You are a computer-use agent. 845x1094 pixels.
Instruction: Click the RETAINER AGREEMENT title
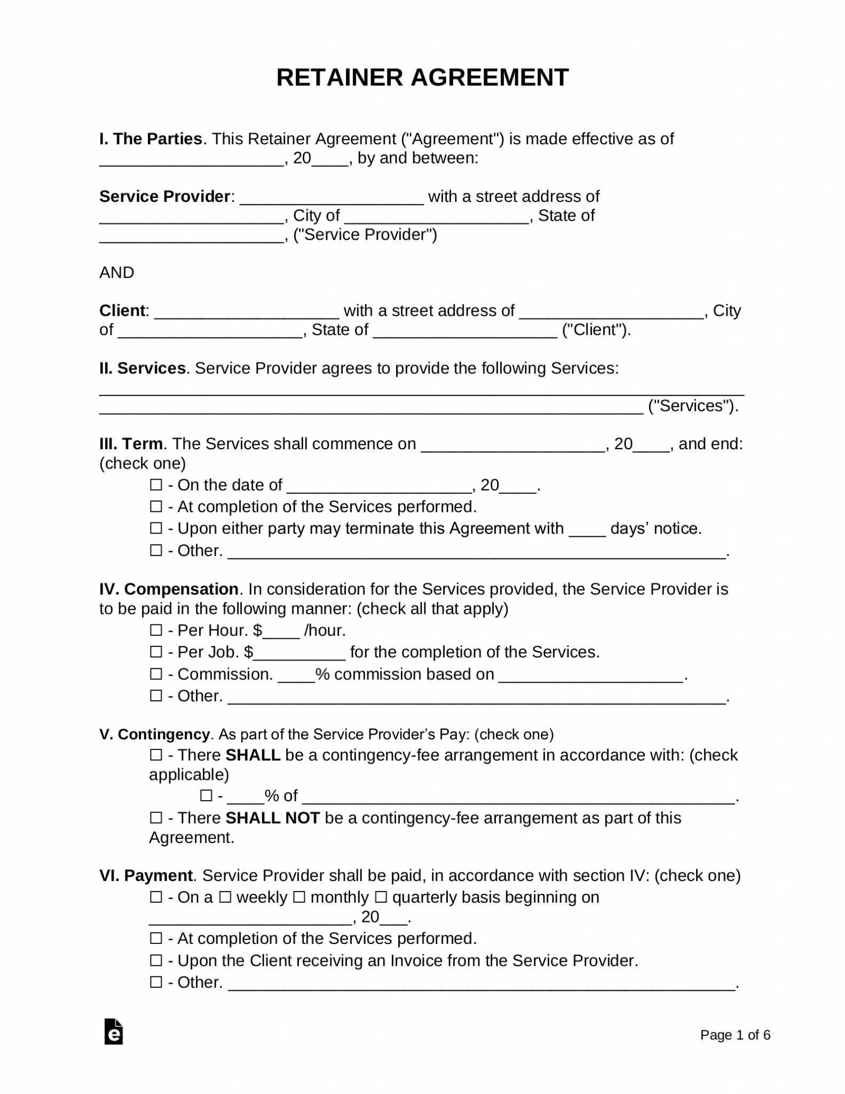click(x=422, y=78)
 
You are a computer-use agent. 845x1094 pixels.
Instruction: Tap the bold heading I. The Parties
click(x=151, y=139)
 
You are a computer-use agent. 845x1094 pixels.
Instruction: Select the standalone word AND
click(x=116, y=272)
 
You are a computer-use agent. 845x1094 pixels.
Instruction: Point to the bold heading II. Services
click(x=142, y=368)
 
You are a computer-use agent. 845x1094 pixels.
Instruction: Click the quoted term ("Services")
click(x=692, y=406)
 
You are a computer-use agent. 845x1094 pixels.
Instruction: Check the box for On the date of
click(x=156, y=485)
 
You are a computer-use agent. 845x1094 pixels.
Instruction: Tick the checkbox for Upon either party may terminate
click(x=156, y=528)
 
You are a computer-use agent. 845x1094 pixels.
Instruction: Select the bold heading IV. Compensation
click(x=169, y=589)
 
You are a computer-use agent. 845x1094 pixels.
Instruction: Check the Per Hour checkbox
click(x=156, y=630)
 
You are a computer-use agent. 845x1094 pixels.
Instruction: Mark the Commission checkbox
click(x=156, y=674)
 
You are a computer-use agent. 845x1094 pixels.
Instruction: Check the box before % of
click(x=206, y=796)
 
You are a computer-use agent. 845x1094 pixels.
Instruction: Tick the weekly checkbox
click(x=225, y=897)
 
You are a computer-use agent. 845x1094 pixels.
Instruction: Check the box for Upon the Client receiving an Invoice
click(x=156, y=960)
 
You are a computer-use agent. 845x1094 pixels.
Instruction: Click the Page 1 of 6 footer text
click(x=735, y=1035)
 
